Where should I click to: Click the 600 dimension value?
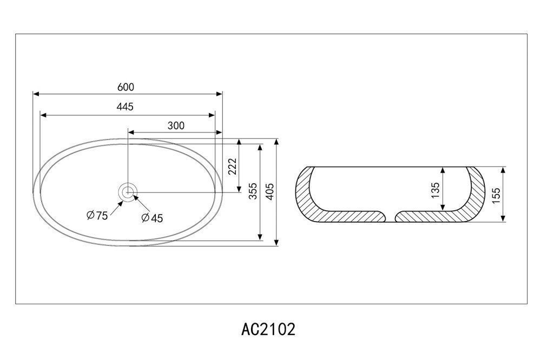(126, 87)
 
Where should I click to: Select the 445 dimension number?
(125, 106)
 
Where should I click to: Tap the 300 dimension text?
(176, 125)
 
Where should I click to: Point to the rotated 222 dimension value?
(233, 166)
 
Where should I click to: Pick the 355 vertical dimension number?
(253, 191)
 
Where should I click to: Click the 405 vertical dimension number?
(270, 191)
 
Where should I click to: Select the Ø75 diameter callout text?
(97, 216)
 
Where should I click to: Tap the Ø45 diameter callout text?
(152, 218)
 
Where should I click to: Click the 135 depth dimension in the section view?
(436, 190)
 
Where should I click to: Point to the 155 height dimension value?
(496, 196)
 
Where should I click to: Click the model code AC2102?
(268, 329)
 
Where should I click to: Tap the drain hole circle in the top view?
(128, 192)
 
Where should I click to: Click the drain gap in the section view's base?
(390, 217)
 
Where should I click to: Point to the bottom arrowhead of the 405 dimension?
(276, 242)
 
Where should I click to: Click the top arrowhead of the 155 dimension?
(503, 171)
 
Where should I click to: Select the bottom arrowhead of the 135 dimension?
(443, 206)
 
